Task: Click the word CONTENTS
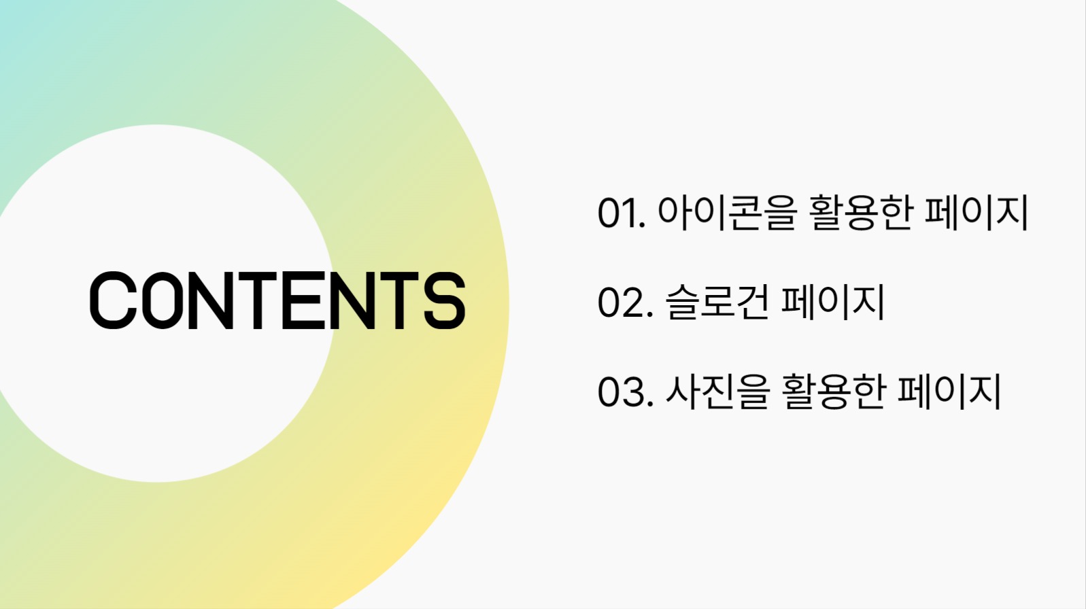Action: coord(277,300)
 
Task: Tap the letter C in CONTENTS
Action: coord(113,300)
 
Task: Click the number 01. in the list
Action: coord(621,213)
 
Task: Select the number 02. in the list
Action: coord(624,302)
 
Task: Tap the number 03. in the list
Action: coord(624,392)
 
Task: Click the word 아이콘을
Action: coord(726,212)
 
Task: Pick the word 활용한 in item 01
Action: coord(860,212)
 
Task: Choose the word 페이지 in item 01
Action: coord(977,212)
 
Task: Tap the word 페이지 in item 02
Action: coord(833,302)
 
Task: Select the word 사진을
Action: coord(717,391)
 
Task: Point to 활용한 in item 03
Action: coord(834,391)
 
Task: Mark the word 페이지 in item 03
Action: coord(950,391)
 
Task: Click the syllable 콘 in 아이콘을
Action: coord(744,212)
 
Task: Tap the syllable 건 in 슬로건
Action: coord(753,302)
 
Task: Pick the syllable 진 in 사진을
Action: coord(717,391)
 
